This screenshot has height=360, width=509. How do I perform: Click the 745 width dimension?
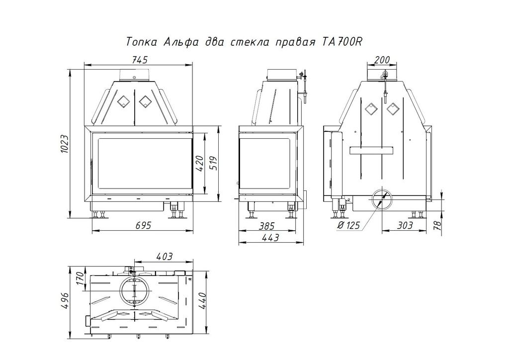click(140, 60)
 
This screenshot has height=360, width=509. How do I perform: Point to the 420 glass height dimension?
click(199, 164)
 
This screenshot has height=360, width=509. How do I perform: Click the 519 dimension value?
click(213, 164)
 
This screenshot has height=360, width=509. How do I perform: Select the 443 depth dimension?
click(270, 238)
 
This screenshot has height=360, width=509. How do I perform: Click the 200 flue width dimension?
click(382, 60)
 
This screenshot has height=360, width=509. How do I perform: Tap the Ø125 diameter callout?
click(348, 225)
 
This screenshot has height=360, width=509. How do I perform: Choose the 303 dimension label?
click(404, 225)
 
